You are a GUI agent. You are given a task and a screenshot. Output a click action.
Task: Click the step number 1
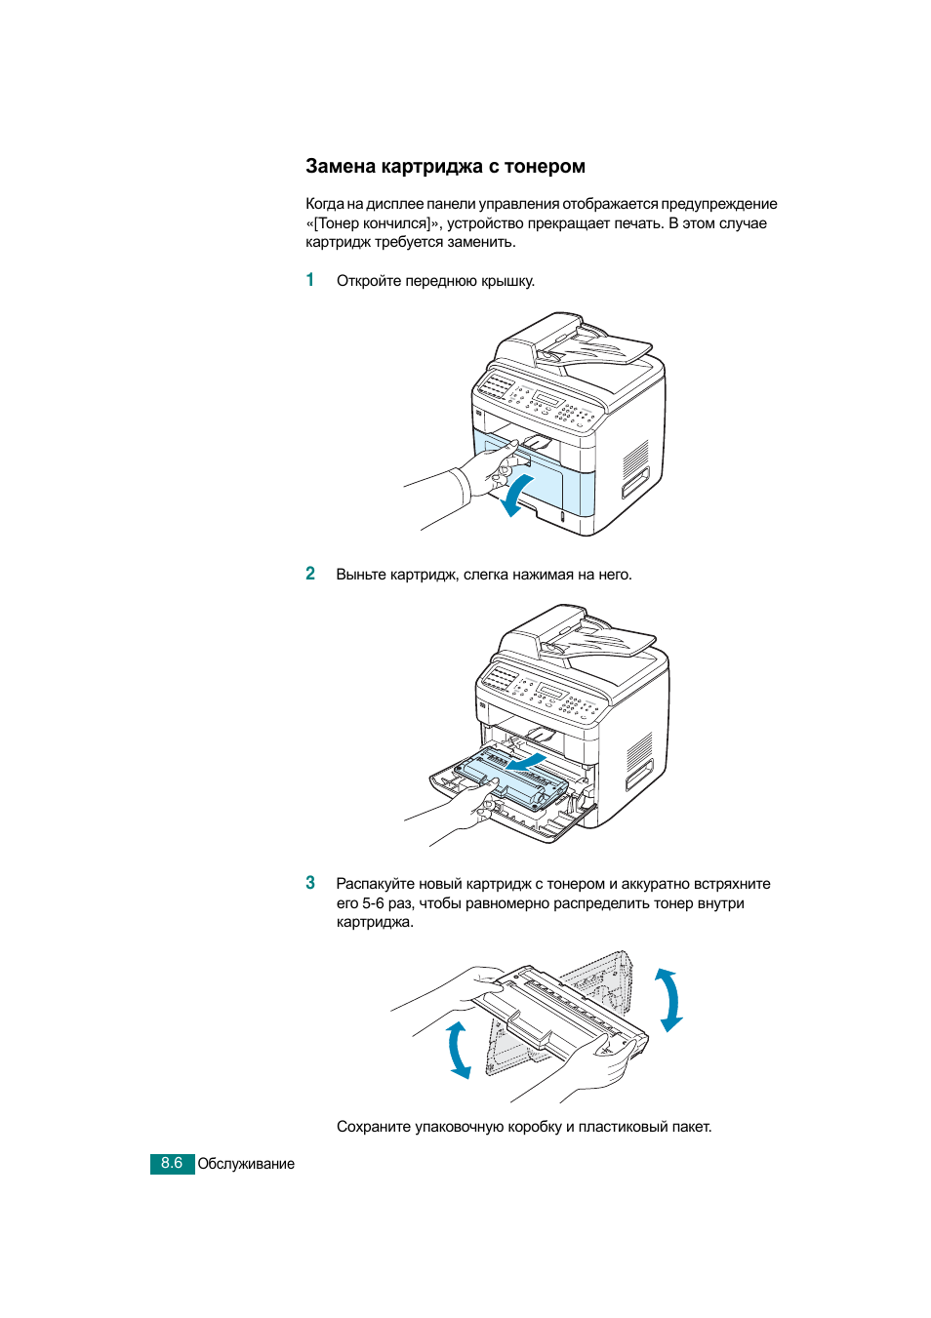(310, 280)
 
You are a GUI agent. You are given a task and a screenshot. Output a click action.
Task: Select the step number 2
(310, 574)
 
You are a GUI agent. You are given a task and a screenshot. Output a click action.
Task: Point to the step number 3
(310, 883)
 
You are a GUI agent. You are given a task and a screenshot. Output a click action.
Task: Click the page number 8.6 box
(172, 1164)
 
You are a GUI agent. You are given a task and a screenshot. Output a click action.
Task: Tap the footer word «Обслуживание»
(246, 1164)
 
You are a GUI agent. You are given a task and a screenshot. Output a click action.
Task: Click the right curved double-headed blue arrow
(669, 999)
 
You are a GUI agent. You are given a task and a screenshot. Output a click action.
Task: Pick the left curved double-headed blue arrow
(458, 1050)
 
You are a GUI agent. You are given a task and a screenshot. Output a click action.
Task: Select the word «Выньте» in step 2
(361, 575)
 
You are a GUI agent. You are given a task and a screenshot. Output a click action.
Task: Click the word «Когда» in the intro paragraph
(324, 204)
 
